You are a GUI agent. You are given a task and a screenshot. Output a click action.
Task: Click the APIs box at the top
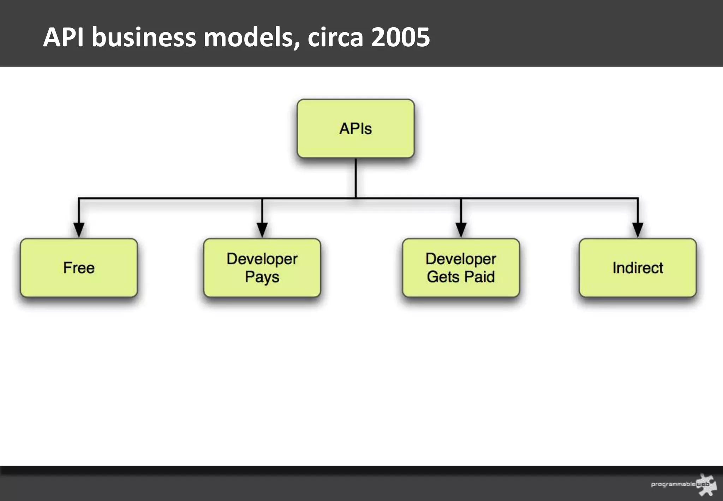(355, 129)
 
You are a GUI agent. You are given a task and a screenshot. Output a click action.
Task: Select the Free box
(79, 268)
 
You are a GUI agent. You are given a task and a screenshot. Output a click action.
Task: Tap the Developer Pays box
(262, 268)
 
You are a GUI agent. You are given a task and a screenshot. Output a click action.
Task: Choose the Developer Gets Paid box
(461, 268)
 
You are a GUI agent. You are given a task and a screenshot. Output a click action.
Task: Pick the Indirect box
(638, 268)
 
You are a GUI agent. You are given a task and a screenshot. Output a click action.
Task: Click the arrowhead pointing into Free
(79, 230)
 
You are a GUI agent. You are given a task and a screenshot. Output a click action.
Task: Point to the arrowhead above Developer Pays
(262, 230)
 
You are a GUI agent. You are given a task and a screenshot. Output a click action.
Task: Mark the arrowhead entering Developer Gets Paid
(461, 230)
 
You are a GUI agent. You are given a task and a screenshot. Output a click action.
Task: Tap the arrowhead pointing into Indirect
(638, 230)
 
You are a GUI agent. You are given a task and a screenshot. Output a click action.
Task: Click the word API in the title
(64, 37)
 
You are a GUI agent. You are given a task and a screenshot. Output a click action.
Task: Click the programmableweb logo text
(673, 484)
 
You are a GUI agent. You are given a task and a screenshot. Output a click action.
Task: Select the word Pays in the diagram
(262, 277)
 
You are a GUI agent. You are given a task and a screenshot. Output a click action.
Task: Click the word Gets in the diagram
(443, 277)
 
